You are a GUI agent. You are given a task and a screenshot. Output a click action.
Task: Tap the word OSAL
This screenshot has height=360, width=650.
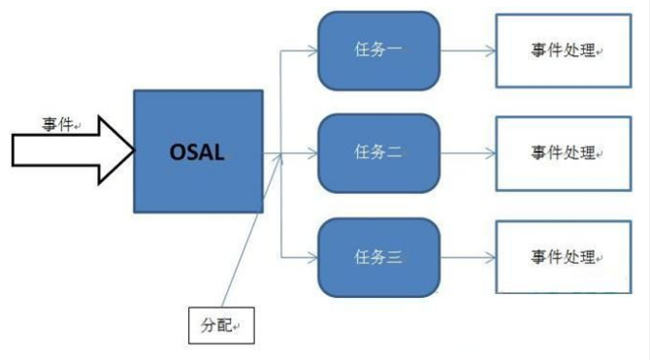198,153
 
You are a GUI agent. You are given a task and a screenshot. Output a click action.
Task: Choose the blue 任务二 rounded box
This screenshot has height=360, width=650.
378,152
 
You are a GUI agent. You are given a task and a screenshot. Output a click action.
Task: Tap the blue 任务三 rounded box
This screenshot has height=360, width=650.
378,257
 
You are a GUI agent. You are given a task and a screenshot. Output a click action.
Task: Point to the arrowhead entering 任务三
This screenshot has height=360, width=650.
313,257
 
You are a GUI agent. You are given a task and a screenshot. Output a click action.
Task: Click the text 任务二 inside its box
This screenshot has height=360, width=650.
378,152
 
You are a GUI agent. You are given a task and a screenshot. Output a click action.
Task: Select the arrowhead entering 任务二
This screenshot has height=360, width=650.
313,152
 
